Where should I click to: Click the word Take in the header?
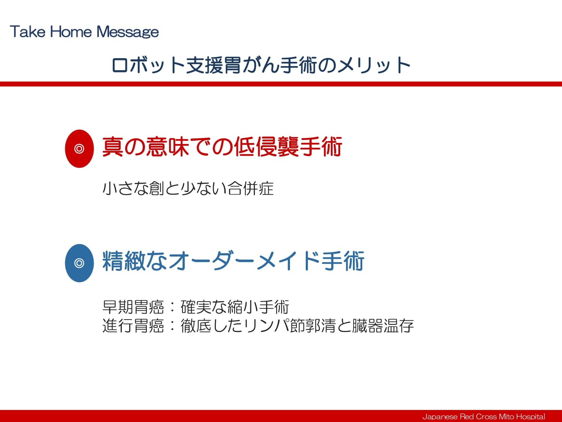click(x=28, y=32)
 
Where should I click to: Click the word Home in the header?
click(x=71, y=32)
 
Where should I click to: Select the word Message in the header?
click(x=127, y=32)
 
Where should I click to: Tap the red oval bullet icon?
click(x=79, y=149)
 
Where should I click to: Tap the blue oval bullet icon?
click(x=79, y=263)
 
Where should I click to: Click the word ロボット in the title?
click(x=148, y=65)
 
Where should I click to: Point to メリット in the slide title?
click(x=374, y=65)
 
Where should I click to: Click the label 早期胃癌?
click(x=133, y=307)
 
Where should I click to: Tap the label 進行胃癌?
click(x=133, y=326)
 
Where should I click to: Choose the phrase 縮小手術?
click(x=259, y=307)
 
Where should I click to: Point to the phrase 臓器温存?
click(x=383, y=326)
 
